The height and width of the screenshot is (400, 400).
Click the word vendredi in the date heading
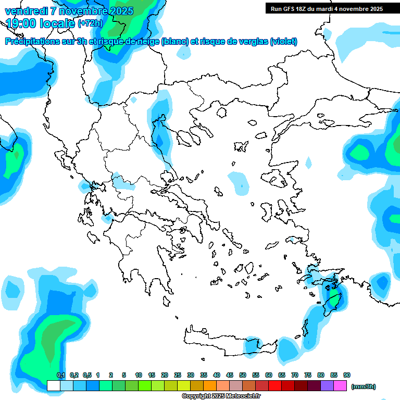[x=26, y=11]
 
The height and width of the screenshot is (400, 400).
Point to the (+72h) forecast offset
[x=90, y=23]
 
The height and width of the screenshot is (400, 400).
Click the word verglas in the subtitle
[x=248, y=42]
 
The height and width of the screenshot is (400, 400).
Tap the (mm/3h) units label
[x=363, y=386]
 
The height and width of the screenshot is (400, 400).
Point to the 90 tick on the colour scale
[x=347, y=375]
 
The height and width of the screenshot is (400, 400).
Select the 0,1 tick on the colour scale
[x=61, y=375]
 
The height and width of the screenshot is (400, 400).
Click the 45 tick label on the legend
[x=230, y=375]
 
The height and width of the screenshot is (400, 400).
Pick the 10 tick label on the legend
[x=139, y=375]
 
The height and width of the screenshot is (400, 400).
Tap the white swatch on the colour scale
[x=53, y=385]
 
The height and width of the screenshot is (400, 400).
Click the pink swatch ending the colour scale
[x=340, y=385]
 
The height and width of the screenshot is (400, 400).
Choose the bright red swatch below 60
[x=275, y=385]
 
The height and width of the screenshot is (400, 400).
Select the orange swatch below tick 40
[x=210, y=385]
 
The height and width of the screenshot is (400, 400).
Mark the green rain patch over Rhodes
[x=333, y=300]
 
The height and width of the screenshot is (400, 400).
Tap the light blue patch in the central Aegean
[x=238, y=182]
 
